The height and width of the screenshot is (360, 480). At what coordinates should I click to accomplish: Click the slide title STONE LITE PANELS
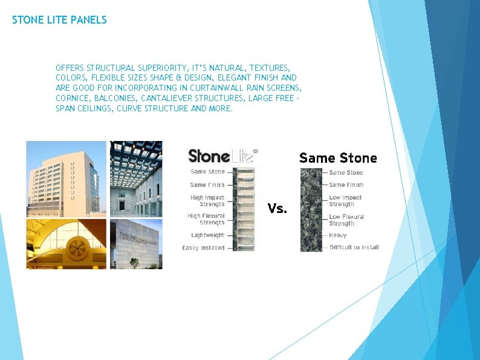59,20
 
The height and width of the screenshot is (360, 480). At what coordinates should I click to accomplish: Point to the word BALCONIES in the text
115,98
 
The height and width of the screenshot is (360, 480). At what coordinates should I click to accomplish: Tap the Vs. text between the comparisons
277,209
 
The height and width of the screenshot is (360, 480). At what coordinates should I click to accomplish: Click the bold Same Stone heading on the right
338,158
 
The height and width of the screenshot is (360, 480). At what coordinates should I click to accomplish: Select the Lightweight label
207,235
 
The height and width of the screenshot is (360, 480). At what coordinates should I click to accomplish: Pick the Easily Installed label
203,247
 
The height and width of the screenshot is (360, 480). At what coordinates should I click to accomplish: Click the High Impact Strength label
207,201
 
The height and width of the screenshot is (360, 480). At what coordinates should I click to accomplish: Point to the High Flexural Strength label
206,219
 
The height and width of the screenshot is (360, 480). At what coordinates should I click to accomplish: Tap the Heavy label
337,235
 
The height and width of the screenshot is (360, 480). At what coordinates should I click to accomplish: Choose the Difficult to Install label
354,247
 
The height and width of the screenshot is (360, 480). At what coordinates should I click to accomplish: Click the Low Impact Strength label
345,201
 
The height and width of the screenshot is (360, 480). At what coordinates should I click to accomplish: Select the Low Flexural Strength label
346,220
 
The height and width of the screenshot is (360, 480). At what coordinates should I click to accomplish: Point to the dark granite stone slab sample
312,209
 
